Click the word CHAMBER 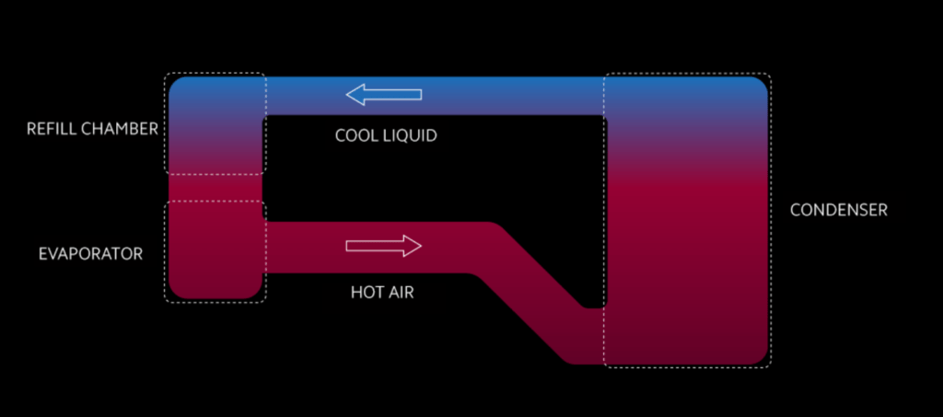[x=120, y=129]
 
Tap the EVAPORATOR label [x=90, y=253]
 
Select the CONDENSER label [x=838, y=210]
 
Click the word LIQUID [x=410, y=135]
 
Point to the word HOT [x=367, y=294]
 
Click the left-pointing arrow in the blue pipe [x=383, y=94]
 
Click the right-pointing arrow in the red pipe [x=383, y=246]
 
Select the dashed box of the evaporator [x=215, y=251]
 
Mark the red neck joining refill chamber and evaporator [x=215, y=187]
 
